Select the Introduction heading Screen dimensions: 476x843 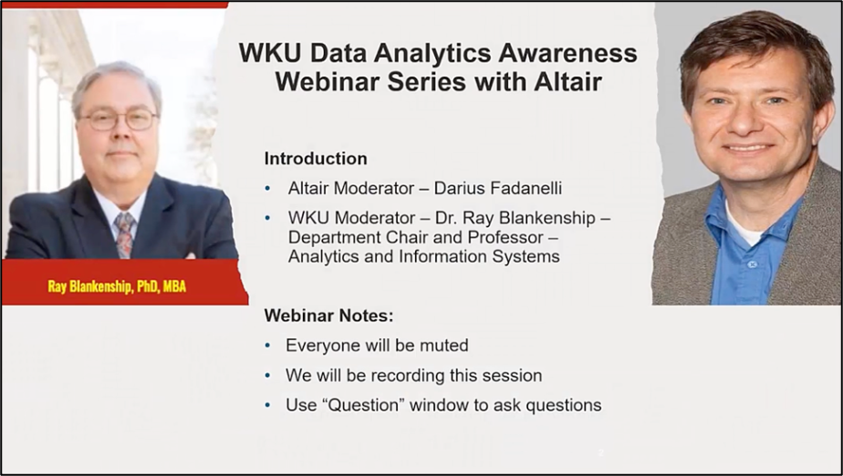pyautogui.click(x=316, y=159)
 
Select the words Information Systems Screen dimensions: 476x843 pyautogui.click(x=487, y=257)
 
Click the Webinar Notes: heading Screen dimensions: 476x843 pyautogui.click(x=328, y=316)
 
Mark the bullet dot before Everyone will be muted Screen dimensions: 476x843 pyautogui.click(x=267, y=347)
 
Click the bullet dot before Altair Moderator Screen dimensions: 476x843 pyautogui.click(x=267, y=190)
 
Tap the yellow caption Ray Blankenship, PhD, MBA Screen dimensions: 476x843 pyautogui.click(x=117, y=286)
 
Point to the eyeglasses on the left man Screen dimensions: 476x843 pyautogui.click(x=117, y=119)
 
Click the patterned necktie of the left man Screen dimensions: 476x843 pyautogui.click(x=124, y=233)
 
